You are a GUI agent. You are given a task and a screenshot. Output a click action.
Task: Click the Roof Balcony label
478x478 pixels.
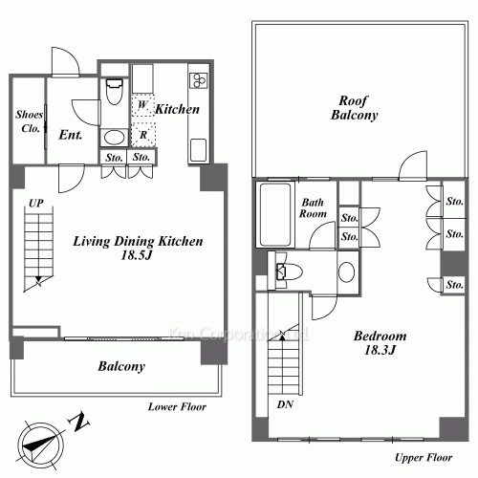click(x=354, y=108)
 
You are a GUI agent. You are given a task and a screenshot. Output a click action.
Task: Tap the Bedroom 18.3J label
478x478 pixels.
click(x=380, y=343)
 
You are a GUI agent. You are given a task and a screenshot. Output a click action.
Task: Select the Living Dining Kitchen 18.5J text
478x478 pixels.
click(x=138, y=248)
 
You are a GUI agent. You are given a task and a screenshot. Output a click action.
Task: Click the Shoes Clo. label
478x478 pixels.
click(x=29, y=121)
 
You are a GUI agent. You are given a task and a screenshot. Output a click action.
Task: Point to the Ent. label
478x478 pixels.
click(x=71, y=135)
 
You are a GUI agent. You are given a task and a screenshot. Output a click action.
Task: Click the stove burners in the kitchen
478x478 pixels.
click(x=198, y=80)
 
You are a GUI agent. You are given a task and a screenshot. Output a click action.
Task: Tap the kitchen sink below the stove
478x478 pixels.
click(x=198, y=150)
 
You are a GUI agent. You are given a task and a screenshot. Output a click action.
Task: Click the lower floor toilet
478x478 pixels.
click(x=114, y=92)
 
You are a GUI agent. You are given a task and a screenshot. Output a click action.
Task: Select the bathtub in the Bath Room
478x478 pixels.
click(x=275, y=214)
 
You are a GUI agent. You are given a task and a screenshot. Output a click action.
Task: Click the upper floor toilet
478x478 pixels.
click(x=289, y=272)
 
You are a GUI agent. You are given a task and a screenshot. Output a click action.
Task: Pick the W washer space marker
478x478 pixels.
click(x=142, y=104)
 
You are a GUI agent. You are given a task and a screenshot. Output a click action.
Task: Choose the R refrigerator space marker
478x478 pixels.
click(x=143, y=135)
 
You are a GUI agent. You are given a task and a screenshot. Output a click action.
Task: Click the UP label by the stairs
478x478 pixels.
click(x=36, y=203)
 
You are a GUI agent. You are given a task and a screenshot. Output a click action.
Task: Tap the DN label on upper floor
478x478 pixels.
click(x=285, y=404)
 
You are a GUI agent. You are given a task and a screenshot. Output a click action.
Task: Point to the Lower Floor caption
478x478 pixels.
click(x=177, y=406)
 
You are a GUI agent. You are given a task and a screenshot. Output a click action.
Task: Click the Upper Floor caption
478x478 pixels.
click(x=424, y=458)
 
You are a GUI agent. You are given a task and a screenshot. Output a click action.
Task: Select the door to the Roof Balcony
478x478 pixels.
click(x=413, y=165)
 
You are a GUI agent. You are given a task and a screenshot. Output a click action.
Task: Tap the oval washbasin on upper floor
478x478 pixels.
click(x=346, y=272)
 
